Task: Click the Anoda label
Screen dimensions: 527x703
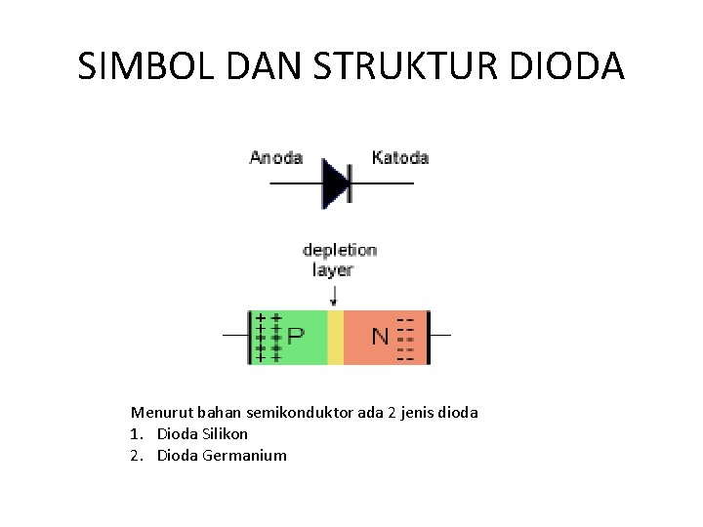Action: pos(276,157)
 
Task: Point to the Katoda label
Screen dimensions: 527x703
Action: pos(400,157)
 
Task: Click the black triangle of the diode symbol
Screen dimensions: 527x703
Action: pos(336,183)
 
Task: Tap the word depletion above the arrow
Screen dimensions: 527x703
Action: pos(340,250)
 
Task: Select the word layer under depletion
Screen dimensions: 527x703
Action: pos(333,270)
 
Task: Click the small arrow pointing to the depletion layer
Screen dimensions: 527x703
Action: pos(335,295)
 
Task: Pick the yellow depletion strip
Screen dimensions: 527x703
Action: pos(335,337)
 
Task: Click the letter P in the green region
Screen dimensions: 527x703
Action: pos(295,337)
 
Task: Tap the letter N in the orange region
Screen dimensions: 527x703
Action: pos(380,337)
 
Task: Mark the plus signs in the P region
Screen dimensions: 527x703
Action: pos(268,337)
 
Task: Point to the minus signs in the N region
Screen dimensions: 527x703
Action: pos(405,338)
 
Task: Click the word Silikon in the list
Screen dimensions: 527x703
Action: pos(223,433)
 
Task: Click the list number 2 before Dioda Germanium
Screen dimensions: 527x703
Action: pos(136,455)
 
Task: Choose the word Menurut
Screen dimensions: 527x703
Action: pos(159,413)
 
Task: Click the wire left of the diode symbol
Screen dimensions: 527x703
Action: pos(296,183)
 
